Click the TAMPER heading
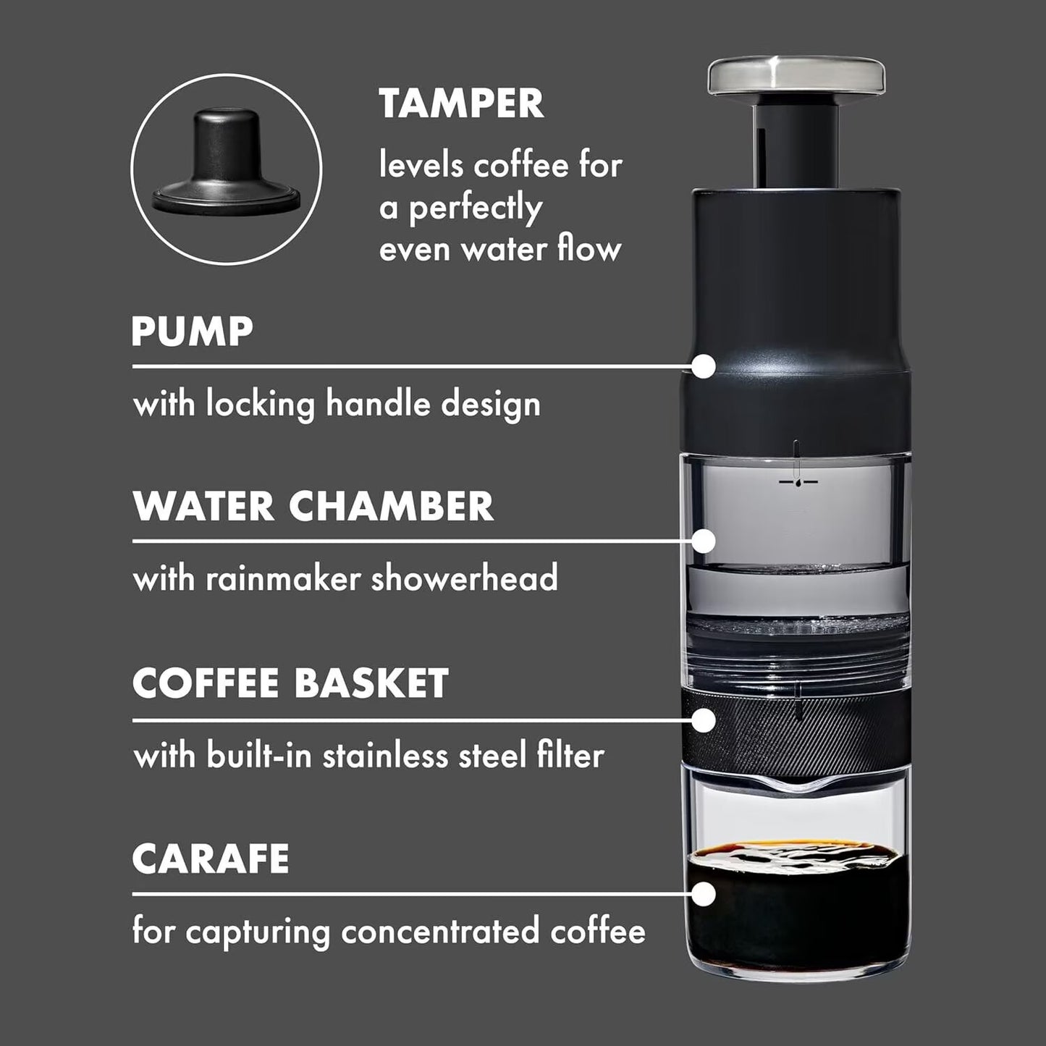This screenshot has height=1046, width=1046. point(461,104)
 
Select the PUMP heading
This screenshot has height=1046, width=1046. point(192,332)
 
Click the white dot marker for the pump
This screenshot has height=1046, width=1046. point(703,366)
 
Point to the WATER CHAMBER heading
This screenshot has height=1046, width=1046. point(313,506)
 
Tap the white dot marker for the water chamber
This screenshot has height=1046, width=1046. point(703,541)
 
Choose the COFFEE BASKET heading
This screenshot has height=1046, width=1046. point(290,683)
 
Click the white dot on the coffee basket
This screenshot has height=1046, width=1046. point(703,720)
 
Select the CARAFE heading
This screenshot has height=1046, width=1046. point(210,859)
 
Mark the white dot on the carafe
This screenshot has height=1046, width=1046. point(703,895)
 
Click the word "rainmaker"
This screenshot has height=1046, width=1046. point(283,579)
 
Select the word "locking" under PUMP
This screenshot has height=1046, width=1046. point(261,404)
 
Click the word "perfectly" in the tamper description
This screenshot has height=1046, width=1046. point(476,208)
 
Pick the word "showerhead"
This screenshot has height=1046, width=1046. point(464,579)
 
